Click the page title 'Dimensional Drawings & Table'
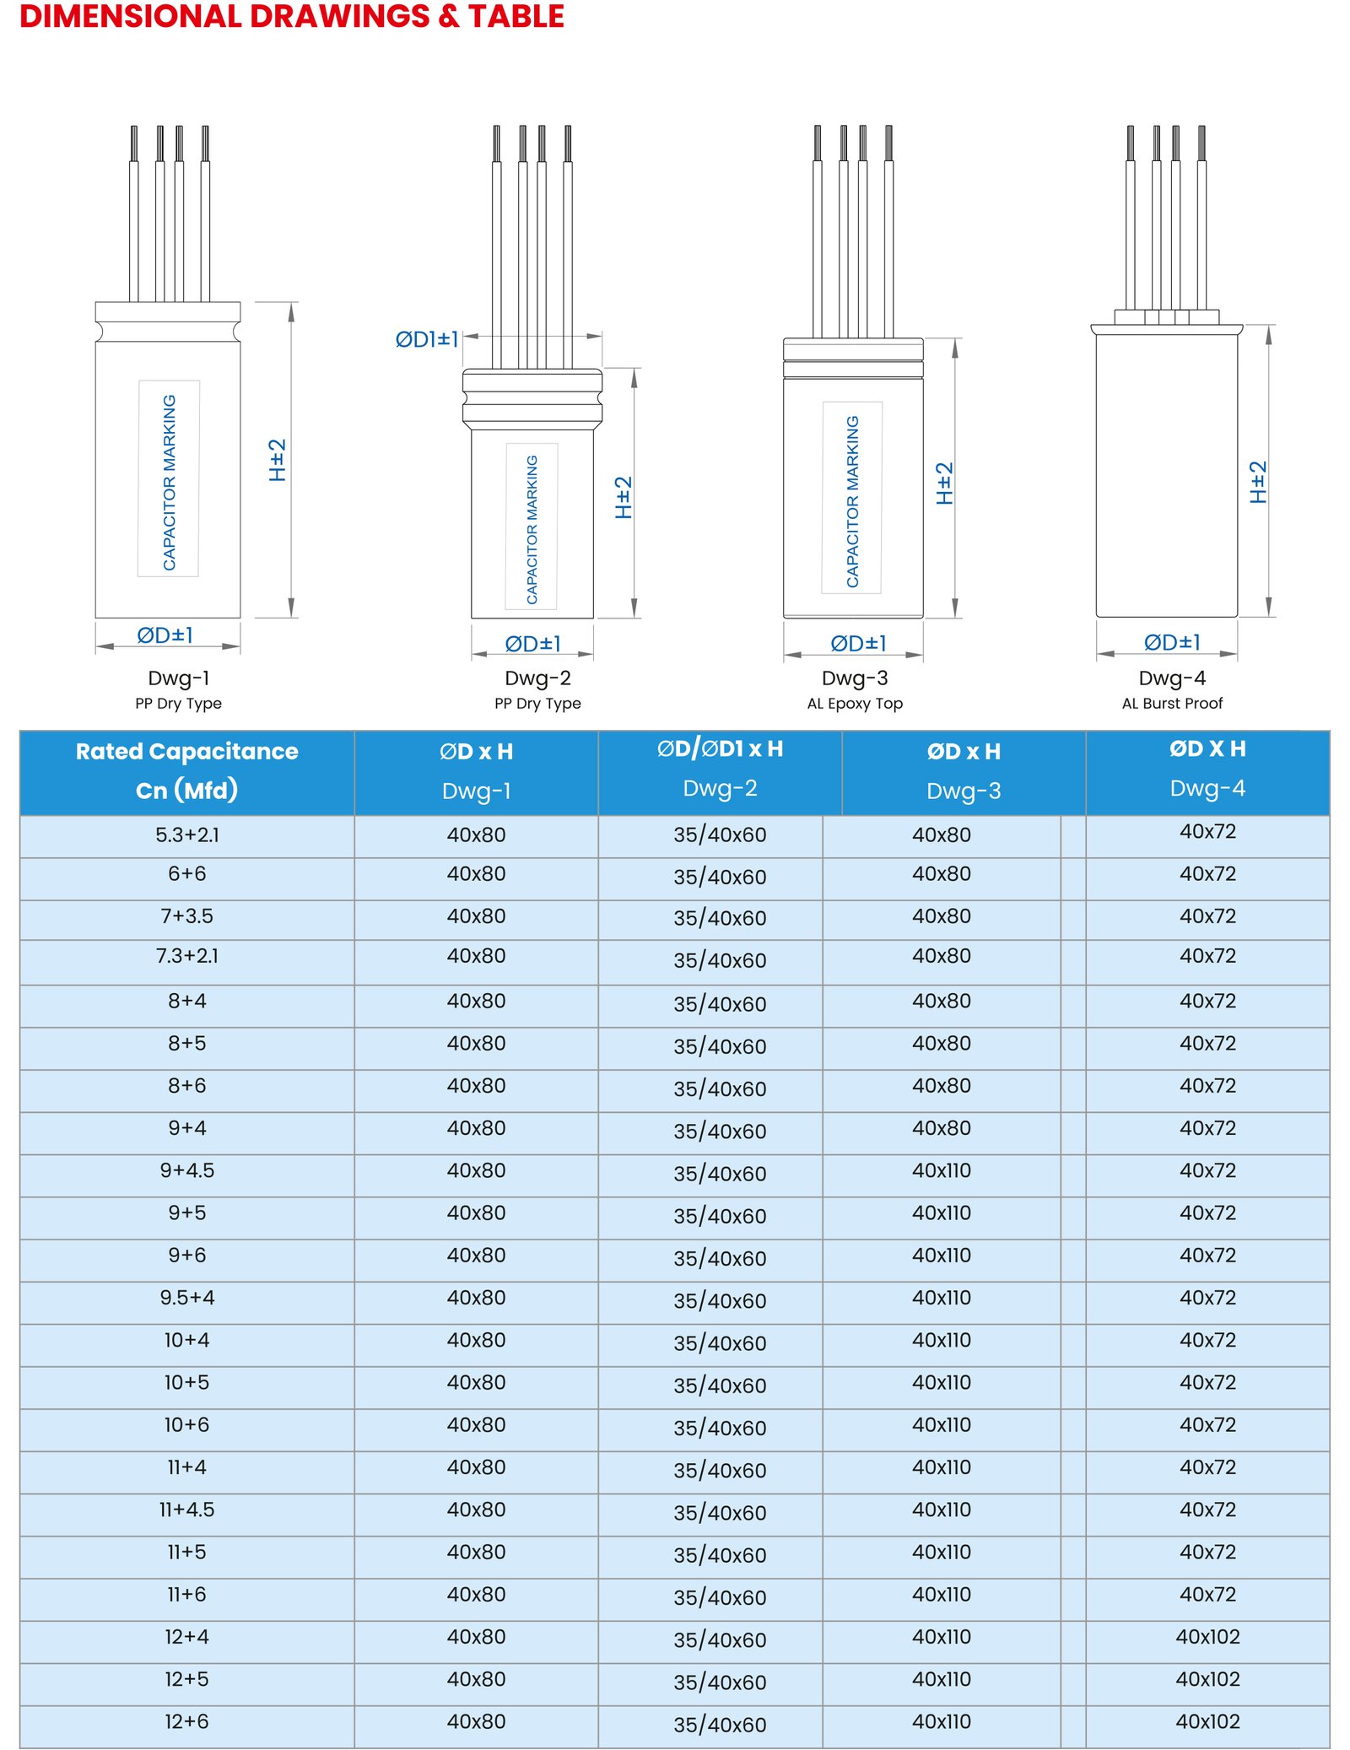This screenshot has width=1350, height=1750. tap(292, 17)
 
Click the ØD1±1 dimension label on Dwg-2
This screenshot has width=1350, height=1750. tap(427, 339)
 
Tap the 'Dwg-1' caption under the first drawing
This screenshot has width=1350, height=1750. tap(179, 678)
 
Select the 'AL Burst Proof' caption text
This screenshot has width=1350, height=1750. tap(1172, 703)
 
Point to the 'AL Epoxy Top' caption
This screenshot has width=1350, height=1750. tap(855, 703)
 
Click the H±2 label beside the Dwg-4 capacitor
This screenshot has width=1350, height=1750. tap(1258, 482)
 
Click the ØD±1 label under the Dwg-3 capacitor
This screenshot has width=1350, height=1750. tap(859, 644)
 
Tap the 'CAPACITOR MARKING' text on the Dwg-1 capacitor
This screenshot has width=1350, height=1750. tap(170, 482)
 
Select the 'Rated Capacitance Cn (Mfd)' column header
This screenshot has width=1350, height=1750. tap(187, 770)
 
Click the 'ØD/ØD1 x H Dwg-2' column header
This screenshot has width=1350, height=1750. tap(721, 768)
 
